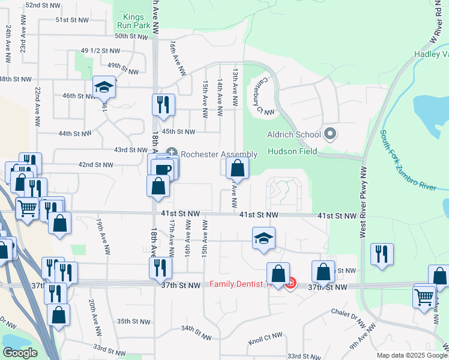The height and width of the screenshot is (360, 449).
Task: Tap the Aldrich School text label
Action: [x=294, y=134]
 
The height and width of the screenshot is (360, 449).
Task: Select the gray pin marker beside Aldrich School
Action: [x=330, y=134]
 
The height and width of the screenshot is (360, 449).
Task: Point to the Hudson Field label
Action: [x=291, y=152]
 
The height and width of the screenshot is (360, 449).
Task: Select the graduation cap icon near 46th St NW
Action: [x=104, y=88]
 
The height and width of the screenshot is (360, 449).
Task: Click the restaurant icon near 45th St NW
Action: [x=163, y=105]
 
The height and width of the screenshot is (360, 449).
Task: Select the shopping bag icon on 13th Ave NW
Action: [x=238, y=169]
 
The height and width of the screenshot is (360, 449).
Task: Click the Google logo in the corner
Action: [x=20, y=352]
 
